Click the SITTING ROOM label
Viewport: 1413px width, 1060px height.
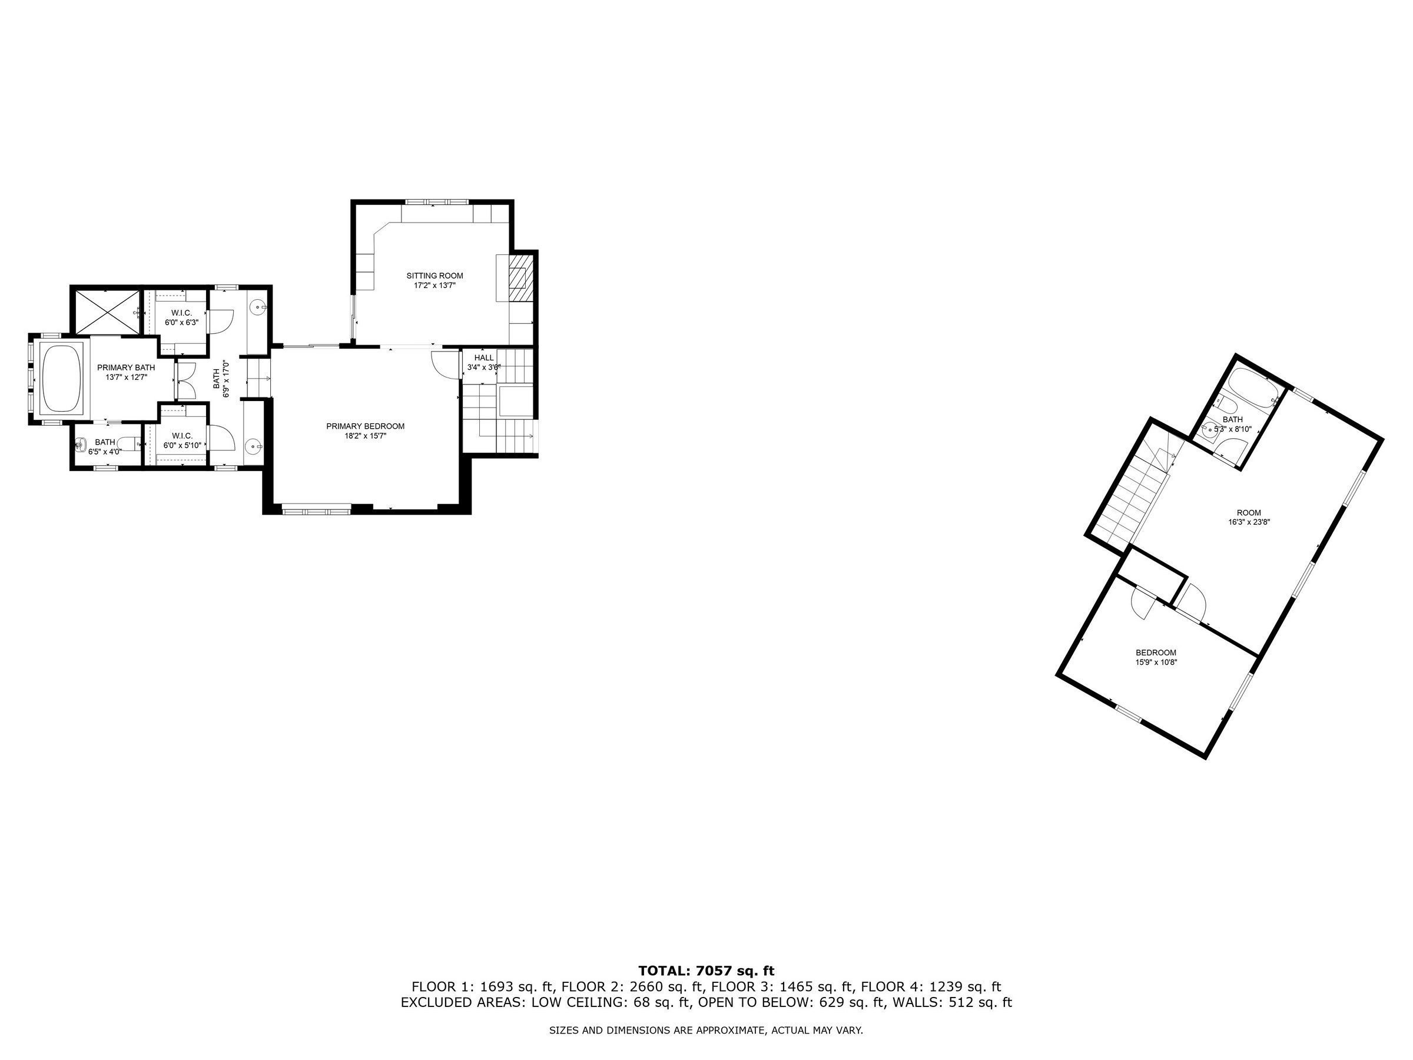coord(434,276)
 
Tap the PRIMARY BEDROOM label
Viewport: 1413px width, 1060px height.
coord(366,426)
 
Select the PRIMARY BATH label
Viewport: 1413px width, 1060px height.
coord(126,367)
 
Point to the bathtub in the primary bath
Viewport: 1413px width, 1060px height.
coord(61,378)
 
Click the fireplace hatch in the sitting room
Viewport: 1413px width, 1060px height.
coord(520,279)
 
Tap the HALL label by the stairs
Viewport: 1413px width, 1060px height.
coord(483,358)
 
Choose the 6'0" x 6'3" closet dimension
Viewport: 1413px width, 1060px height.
coord(182,323)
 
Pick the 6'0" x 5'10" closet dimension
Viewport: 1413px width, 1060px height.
coord(182,445)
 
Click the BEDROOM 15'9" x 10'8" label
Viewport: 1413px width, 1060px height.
coord(1156,657)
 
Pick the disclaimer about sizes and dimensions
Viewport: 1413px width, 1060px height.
coord(706,1031)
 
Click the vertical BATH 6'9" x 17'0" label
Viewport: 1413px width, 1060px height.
coord(220,379)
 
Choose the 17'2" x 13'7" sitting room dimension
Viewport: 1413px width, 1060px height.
coord(434,286)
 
